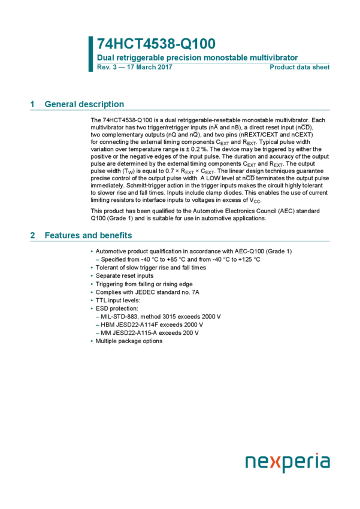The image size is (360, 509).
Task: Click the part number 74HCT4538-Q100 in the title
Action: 156,44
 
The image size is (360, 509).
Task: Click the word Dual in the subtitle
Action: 105,59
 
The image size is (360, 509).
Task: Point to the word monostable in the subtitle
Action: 225,59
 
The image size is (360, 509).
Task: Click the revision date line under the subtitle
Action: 134,68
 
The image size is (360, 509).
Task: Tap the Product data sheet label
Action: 300,68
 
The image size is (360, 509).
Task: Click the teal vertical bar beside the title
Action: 91,54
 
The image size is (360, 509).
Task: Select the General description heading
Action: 84,105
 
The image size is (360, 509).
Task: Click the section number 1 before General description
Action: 32,105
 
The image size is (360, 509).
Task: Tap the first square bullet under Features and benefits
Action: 92,252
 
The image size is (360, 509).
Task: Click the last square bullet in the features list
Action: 92,341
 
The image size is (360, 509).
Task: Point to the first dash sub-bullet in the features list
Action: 97,260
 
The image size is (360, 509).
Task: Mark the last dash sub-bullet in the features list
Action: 97,333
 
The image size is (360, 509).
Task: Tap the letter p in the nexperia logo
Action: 287,464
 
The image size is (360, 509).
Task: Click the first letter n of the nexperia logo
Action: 250,462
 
